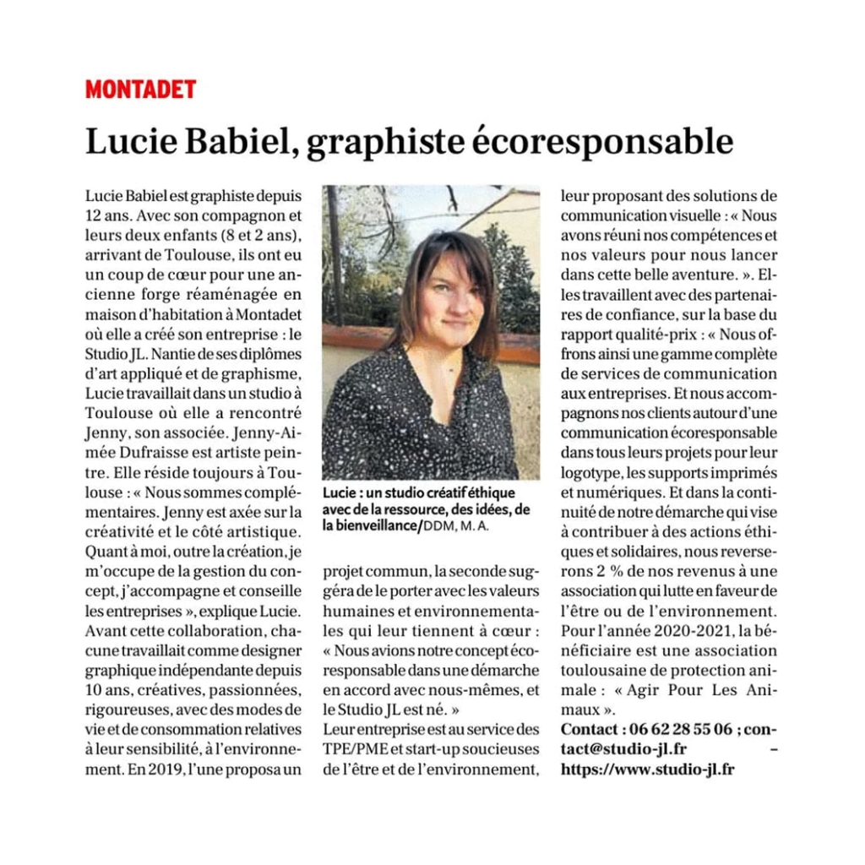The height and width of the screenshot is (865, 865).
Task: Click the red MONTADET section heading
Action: pos(140,89)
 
